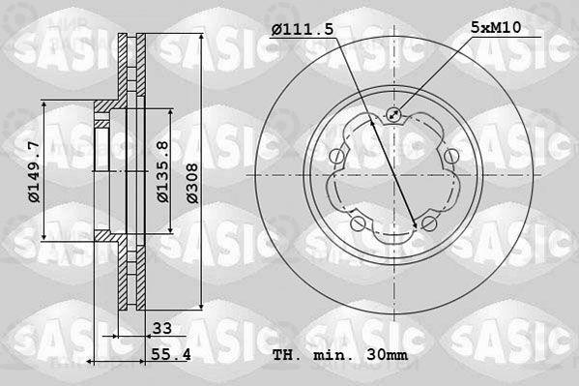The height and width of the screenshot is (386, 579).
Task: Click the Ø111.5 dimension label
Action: (303, 29)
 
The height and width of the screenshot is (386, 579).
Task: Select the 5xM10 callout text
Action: (496, 27)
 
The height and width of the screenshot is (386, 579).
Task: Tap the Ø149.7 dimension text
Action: (35, 172)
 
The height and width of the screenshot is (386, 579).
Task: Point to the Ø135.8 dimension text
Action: (162, 171)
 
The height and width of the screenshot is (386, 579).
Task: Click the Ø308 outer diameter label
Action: (192, 184)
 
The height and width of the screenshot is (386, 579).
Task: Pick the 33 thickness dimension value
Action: (162, 328)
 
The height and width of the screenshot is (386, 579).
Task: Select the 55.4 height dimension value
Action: (170, 355)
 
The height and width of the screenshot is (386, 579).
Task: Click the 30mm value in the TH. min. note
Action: (388, 355)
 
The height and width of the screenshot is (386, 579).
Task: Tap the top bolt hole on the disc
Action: (393, 114)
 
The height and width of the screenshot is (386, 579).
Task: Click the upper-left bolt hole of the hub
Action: (337, 156)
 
